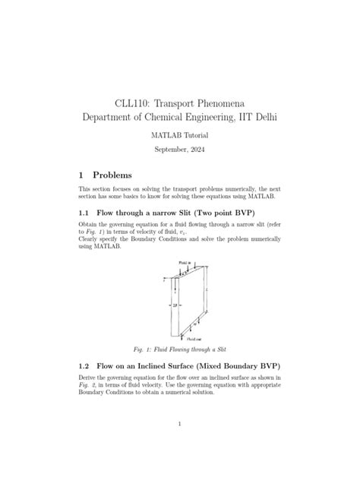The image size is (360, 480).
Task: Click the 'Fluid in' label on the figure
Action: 185,262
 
